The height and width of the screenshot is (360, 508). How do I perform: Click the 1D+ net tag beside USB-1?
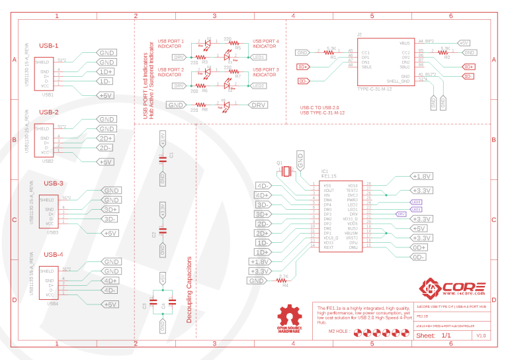tap(106, 71)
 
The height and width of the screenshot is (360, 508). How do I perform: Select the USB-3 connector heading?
tap(54, 183)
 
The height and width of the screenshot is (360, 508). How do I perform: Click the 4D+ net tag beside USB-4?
tap(110, 281)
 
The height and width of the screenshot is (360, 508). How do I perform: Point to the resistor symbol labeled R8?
tap(194, 105)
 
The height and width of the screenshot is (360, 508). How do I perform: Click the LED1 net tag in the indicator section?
tap(259, 58)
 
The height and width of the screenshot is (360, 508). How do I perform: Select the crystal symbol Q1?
tap(285, 171)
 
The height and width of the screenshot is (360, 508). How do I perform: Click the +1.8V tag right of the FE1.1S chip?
tap(421, 177)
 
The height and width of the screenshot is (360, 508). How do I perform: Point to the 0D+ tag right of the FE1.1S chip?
tap(419, 247)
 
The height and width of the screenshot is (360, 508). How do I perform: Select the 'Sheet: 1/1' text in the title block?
tap(434, 336)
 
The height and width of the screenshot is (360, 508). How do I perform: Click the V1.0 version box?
tap(481, 336)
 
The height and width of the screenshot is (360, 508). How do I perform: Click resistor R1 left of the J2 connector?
tap(333, 52)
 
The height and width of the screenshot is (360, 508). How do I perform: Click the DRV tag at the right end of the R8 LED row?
tap(259, 105)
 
